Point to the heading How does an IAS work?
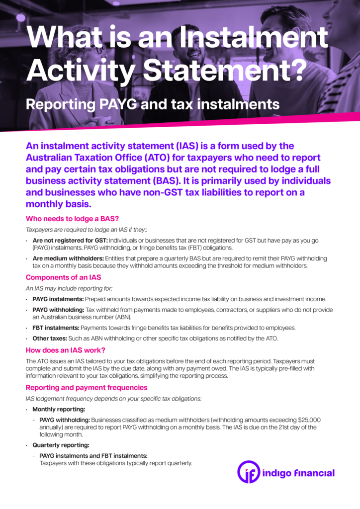click(65, 349)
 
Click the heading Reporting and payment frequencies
click(87, 387)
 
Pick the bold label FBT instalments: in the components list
click(56, 328)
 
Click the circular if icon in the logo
click(249, 472)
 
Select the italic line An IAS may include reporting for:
click(69, 288)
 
